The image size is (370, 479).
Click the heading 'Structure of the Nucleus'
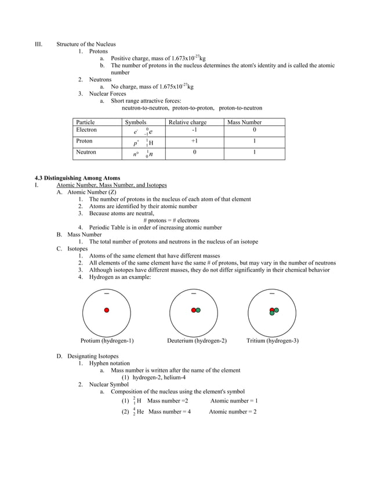click(x=86, y=44)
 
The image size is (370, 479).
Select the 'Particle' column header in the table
click(x=85, y=122)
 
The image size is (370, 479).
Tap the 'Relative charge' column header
click(x=187, y=122)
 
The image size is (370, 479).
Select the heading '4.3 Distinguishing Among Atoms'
click(x=78, y=178)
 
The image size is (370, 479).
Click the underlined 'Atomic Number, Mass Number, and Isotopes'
click(x=111, y=185)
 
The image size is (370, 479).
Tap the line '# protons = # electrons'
click(x=171, y=220)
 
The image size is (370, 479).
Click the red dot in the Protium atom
click(x=107, y=310)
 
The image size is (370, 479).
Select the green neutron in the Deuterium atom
click(x=198, y=310)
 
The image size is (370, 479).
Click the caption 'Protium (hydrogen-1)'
click(x=107, y=341)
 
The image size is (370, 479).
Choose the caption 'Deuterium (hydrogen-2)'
click(x=197, y=341)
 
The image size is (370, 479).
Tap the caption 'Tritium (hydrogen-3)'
click(x=273, y=341)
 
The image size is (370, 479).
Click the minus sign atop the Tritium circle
click(x=272, y=293)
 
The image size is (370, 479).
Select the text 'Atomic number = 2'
click(x=233, y=412)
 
